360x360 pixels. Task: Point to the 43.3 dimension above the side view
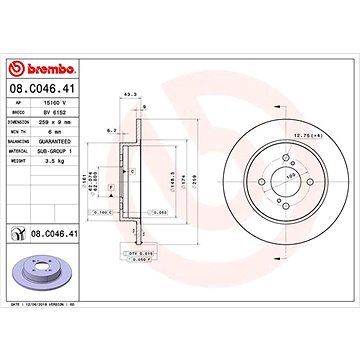click(128, 96)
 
